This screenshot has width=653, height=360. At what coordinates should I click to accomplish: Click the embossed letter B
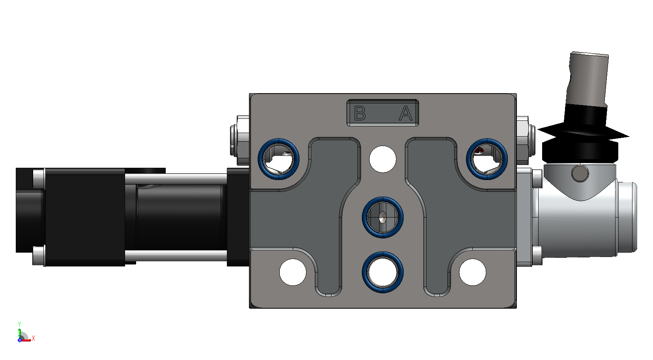coord(360,113)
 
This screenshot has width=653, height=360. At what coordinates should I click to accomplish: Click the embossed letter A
coord(406,113)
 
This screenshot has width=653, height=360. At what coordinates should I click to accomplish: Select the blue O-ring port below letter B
coord(279,159)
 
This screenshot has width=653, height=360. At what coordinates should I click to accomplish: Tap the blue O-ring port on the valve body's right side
coord(487,159)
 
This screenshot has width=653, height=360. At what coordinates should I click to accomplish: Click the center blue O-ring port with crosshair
coord(382,217)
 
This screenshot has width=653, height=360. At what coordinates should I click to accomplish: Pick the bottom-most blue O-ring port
coord(382,272)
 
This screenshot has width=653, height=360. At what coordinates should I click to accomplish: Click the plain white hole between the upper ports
coord(382,159)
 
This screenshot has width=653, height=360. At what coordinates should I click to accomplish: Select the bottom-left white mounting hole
coord(293,272)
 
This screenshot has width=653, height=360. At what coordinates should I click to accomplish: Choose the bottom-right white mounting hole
coord(473,272)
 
